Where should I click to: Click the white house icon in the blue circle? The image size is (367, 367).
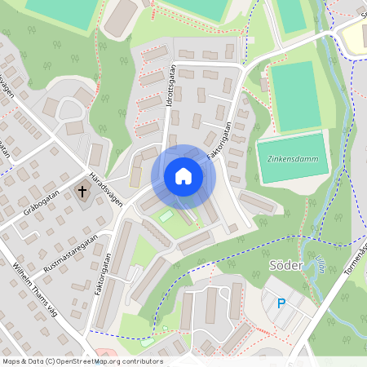pos(183,176)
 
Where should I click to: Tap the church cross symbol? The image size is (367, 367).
pos(82,192)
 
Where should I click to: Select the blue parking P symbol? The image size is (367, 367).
pos(281,303)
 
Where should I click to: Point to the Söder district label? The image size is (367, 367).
pos(285,266)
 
